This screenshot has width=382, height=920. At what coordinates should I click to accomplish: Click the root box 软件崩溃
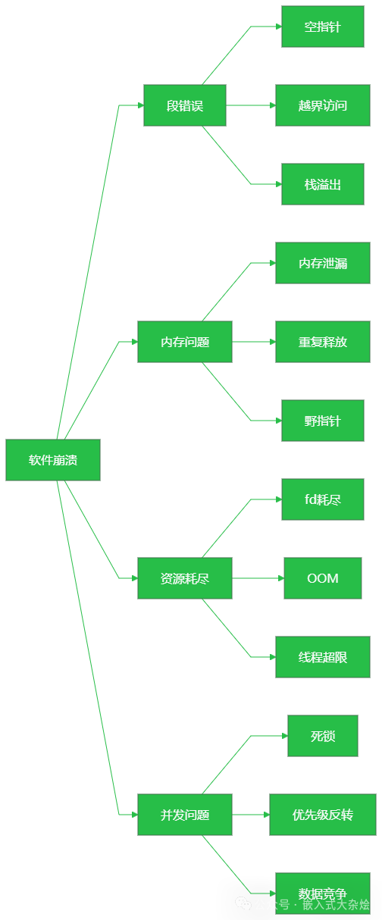[x=53, y=460]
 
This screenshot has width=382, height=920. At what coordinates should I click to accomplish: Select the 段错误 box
[x=185, y=105]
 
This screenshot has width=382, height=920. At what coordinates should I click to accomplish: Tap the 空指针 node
[x=323, y=27]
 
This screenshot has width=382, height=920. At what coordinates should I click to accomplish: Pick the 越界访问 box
[x=323, y=105]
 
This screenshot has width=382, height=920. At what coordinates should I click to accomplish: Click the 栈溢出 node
[x=323, y=184]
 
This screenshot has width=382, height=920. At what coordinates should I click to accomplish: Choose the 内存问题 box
[x=185, y=342]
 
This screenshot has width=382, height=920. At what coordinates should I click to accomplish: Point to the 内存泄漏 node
[x=323, y=263]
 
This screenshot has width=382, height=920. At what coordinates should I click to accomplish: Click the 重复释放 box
[x=323, y=342]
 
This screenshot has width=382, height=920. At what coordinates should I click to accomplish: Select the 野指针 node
[x=323, y=421]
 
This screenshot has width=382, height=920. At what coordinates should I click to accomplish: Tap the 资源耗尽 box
[x=185, y=578]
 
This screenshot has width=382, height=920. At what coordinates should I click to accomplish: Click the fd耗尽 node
[x=323, y=499]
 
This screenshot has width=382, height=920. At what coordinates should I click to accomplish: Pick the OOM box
[x=323, y=578]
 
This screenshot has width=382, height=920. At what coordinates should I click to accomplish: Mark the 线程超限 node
[x=323, y=657]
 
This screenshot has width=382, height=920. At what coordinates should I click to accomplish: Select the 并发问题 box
[x=185, y=815]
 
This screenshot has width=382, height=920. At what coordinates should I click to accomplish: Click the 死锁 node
[x=323, y=736]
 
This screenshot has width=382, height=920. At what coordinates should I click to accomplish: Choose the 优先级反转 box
[x=323, y=815]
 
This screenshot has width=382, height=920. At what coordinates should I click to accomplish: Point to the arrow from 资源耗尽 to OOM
[x=258, y=578]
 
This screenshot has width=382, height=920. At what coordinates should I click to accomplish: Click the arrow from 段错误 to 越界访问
[x=251, y=105]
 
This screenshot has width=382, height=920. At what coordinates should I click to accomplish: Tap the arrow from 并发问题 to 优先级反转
[x=251, y=815]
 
